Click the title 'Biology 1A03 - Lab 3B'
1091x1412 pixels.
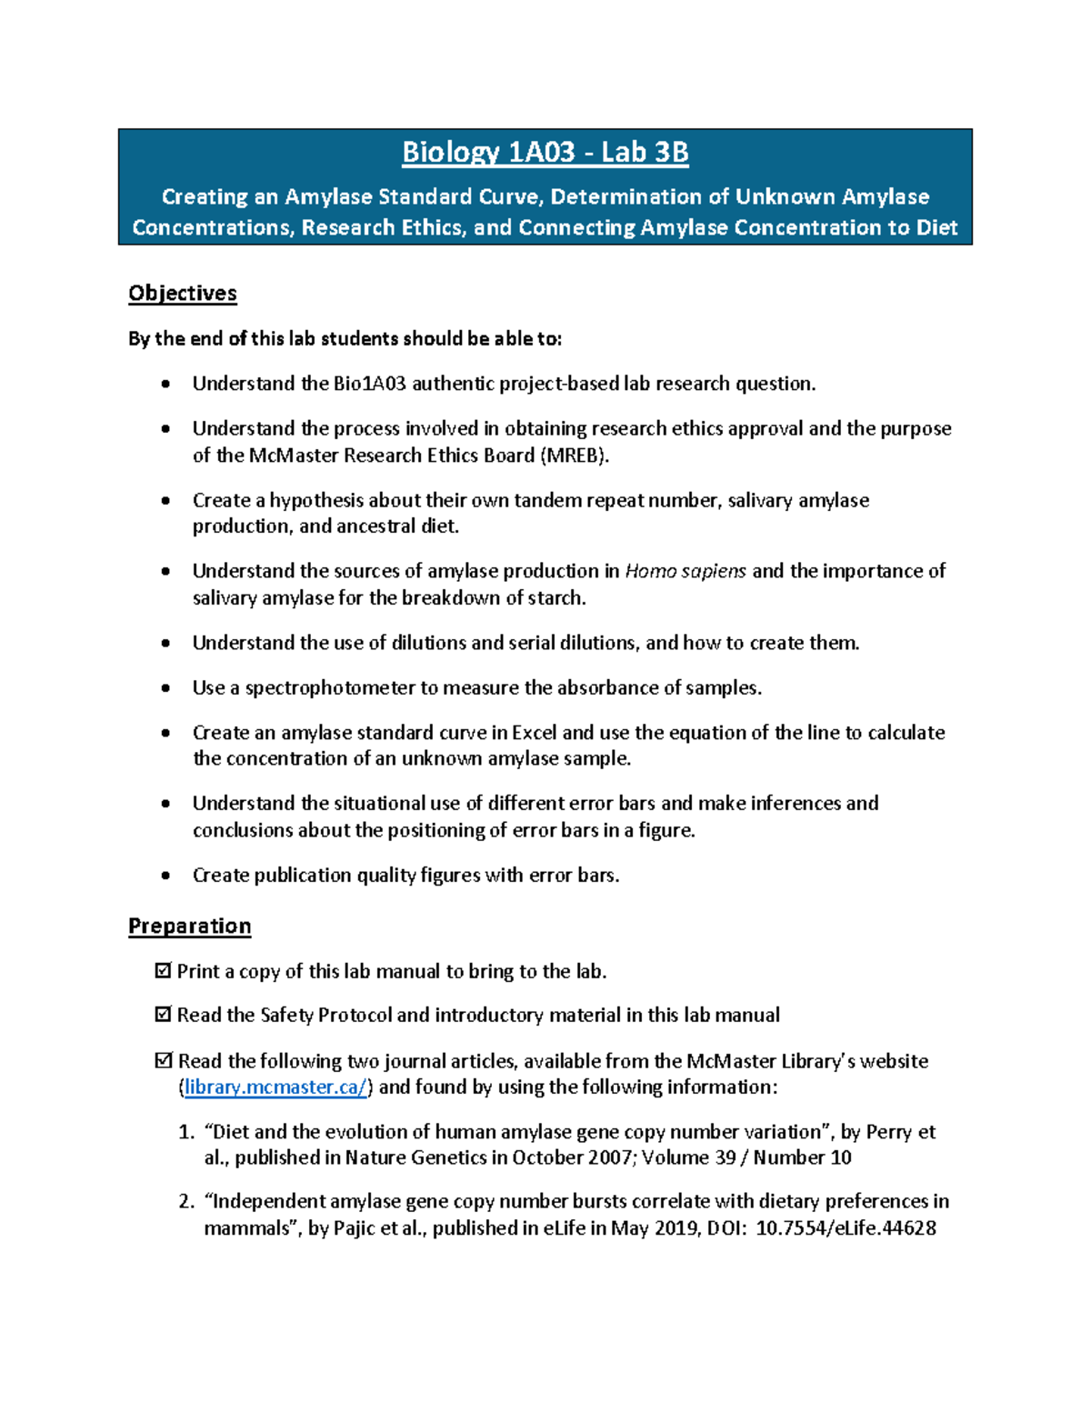[545, 152]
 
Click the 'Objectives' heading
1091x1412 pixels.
[182, 293]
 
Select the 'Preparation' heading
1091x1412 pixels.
[189, 926]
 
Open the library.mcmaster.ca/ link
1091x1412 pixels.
[275, 1087]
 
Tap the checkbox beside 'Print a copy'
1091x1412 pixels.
[164, 971]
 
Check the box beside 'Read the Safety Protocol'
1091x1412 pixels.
[164, 1015]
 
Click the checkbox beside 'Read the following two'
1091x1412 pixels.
[164, 1060]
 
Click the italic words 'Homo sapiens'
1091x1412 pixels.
[686, 571]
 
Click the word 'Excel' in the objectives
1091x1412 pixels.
[534, 733]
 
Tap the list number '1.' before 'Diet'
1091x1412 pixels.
[186, 1132]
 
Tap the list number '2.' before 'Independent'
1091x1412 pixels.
[186, 1202]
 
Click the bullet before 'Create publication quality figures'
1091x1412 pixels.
[165, 876]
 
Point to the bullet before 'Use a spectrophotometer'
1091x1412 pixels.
[165, 688]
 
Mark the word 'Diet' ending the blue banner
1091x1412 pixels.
[936, 227]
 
